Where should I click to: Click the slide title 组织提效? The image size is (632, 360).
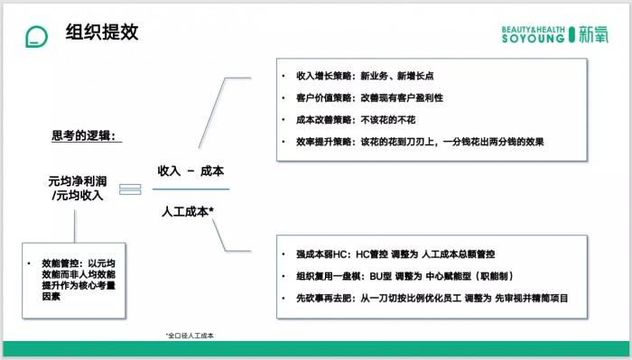coord(101,34)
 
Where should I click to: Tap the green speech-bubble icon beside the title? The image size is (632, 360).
coord(36,35)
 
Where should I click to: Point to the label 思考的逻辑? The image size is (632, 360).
coord(88,136)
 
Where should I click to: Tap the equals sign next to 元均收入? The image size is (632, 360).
coord(131,189)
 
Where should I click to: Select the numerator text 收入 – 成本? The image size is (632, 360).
coord(191,171)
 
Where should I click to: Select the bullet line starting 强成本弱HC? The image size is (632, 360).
coord(395,254)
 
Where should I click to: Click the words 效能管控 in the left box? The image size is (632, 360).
coord(57,264)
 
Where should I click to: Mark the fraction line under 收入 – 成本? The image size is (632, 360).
coord(191,189)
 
